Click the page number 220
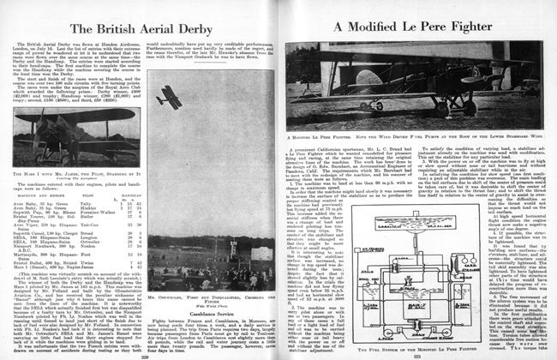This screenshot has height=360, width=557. tap(143, 351)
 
